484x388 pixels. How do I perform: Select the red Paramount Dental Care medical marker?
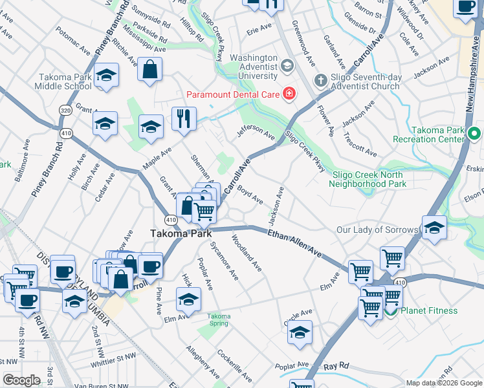pyautogui.click(x=289, y=95)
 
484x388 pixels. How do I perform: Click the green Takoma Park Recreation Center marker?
pyautogui.click(x=474, y=135)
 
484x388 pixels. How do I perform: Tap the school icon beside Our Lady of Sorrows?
pyautogui.click(x=434, y=228)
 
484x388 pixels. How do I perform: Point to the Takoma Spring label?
pyautogui.click(x=219, y=319)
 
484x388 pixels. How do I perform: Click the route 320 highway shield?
pyautogui.click(x=65, y=111)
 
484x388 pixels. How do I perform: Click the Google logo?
pyautogui.click(x=21, y=380)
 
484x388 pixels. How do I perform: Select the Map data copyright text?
pyautogui.click(x=443, y=383)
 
